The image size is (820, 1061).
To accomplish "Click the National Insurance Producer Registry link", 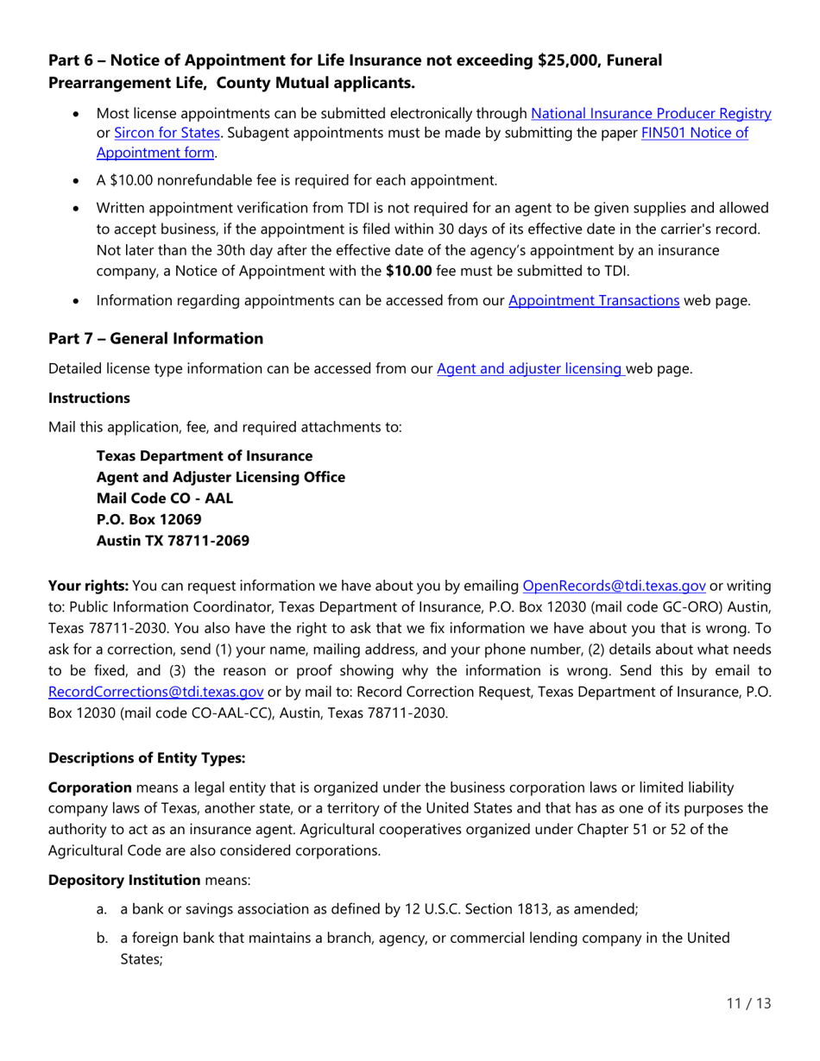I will click(650, 113).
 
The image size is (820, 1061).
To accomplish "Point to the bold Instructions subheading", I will click(83, 399).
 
